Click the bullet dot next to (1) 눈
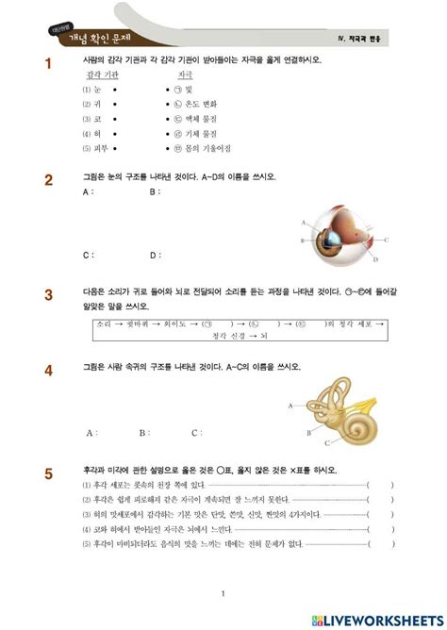[x=114, y=89]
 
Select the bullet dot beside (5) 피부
[x=114, y=149]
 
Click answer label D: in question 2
[x=154, y=254]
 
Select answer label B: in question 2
[x=154, y=191]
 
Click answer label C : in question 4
[x=196, y=433]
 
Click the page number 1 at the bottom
[x=223, y=592]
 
